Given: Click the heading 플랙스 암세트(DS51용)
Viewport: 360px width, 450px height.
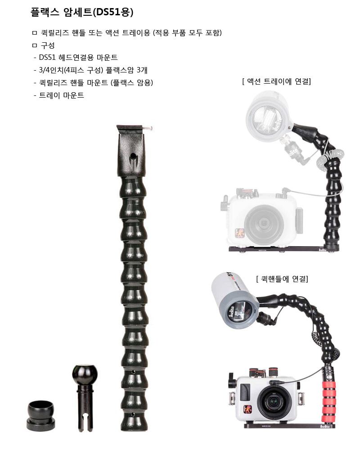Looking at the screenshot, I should click(82, 12).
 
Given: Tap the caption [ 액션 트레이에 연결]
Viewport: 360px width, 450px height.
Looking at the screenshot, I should click(276, 81).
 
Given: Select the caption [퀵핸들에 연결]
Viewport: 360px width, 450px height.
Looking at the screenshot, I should click(282, 279).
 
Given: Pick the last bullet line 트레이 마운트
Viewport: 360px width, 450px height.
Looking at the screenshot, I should click(61, 95).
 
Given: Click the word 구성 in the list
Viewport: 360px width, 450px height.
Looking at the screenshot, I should click(47, 45).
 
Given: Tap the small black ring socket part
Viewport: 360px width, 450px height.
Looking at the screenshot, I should click(40, 414).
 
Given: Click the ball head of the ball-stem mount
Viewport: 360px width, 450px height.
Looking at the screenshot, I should click(85, 374).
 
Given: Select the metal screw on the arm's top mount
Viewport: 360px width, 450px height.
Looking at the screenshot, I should click(147, 129).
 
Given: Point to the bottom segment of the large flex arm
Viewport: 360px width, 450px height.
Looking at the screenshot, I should click(133, 422).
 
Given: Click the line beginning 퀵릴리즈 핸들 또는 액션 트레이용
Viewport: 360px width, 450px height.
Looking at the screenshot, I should click(130, 33).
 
